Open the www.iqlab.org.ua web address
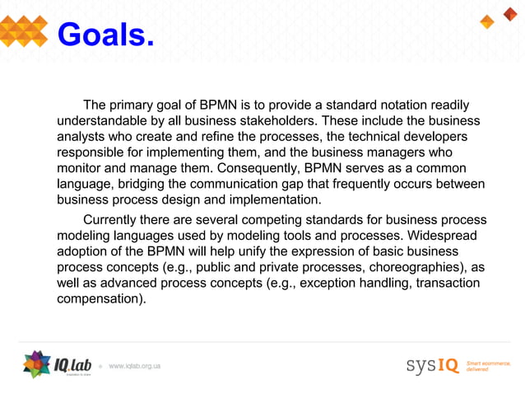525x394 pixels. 134,365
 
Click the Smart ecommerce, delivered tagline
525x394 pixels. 488,365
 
